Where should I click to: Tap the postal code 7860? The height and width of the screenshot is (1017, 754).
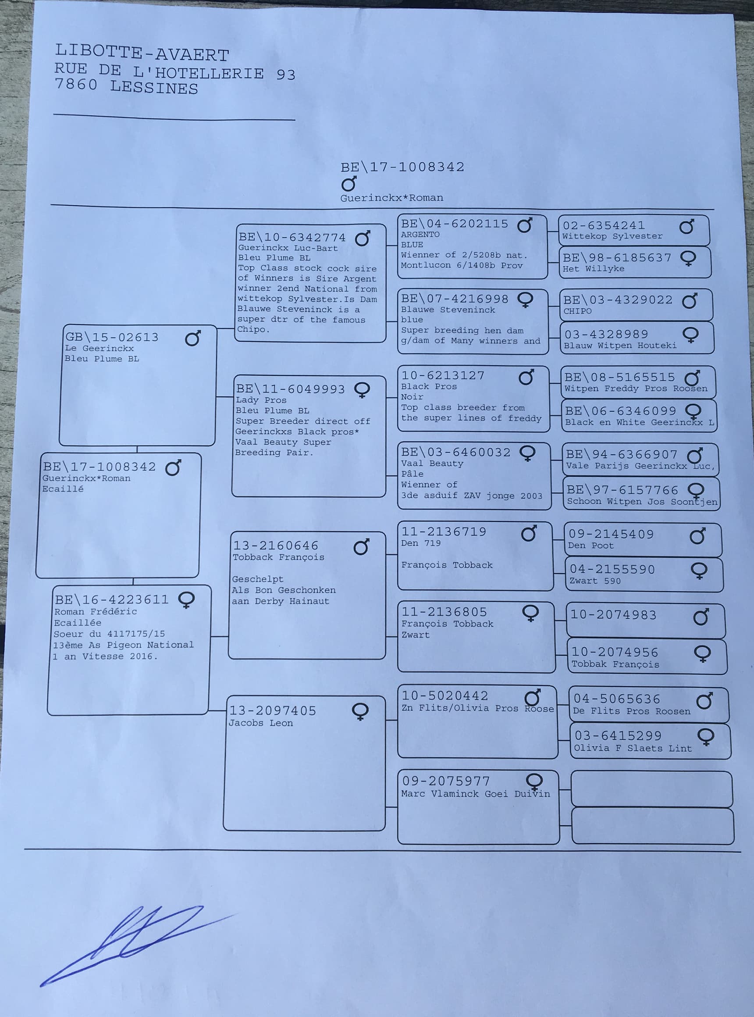[x=76, y=85]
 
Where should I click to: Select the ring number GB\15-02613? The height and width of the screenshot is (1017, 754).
[x=112, y=337]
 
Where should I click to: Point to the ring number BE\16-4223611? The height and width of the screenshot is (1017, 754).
[x=111, y=599]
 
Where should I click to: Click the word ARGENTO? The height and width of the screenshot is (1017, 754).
[x=420, y=234]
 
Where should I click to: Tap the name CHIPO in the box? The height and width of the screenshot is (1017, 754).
[x=577, y=311]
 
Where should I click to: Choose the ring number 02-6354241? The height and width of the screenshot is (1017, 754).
[x=603, y=225]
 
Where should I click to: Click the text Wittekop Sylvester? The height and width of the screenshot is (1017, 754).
[x=612, y=236]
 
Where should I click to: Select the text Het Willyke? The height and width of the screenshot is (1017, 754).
[x=593, y=268]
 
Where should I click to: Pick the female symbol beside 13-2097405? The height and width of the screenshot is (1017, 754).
[x=360, y=711]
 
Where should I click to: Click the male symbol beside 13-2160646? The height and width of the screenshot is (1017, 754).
[x=361, y=546]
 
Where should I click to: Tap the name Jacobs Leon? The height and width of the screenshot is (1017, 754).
[x=261, y=723]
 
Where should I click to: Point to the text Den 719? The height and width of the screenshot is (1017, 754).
[x=420, y=543]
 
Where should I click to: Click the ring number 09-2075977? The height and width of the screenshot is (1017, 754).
[x=445, y=781]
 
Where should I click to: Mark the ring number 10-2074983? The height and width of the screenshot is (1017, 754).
[x=613, y=615]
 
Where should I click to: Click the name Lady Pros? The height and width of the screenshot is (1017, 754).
[x=261, y=400]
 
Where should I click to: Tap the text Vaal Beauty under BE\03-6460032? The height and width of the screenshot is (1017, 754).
[x=432, y=463]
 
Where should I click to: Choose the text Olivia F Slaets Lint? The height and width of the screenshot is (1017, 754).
[x=633, y=748]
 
